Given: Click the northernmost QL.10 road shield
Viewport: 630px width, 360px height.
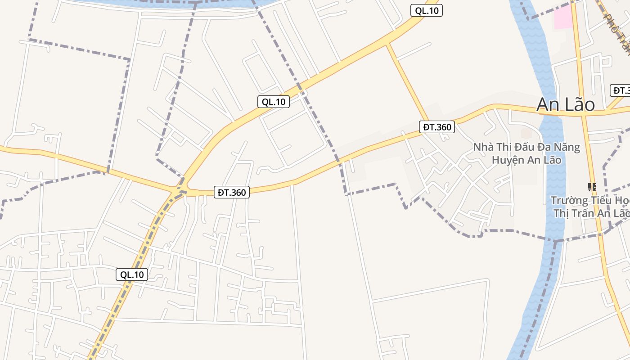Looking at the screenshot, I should click(427, 11).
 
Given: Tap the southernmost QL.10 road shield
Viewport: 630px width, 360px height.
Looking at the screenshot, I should click(132, 274).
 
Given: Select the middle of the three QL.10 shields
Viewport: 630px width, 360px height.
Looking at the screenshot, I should click(274, 102).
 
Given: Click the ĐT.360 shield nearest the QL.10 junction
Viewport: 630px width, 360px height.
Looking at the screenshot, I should click(232, 193).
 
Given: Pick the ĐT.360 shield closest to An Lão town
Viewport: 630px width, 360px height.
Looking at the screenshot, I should click(437, 127).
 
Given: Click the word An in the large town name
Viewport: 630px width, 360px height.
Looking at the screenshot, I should click(547, 104).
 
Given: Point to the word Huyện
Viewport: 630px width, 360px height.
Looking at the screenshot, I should click(507, 160).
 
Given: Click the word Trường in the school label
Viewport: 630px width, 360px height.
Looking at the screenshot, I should click(570, 200).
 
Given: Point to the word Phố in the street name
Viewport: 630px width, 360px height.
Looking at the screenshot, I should click(611, 22).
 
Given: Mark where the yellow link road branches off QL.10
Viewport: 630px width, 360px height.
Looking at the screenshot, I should click(387, 43).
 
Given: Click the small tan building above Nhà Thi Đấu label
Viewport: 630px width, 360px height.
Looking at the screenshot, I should click(526, 133).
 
